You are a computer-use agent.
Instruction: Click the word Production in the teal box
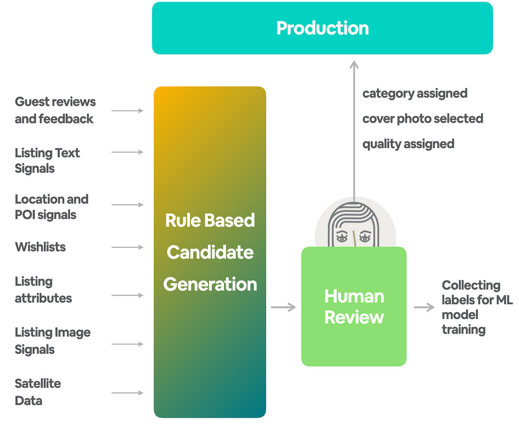pos(323,28)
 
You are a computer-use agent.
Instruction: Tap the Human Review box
pos(354,307)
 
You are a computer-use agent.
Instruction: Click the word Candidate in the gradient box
pos(210,252)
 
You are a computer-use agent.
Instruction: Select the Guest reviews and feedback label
pos(55,110)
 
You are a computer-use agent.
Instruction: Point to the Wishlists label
pos(40,247)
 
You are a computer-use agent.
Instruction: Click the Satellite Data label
pos(37,392)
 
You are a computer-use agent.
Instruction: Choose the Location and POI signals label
pos(51,207)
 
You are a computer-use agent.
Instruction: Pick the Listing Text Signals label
pos(47,161)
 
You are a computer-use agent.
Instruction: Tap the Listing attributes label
pos(43,290)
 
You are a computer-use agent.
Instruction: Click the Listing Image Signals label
pos(52,341)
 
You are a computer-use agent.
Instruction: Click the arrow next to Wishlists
pos(127,247)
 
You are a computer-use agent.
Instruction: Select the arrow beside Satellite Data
pos(127,393)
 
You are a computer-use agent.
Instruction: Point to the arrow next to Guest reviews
pos(127,111)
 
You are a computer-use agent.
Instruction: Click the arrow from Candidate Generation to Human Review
pos(283,307)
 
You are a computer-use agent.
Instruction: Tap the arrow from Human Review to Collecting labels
pos(424,307)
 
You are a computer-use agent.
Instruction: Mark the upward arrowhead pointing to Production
pos(354,65)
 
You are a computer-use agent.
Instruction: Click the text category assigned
pos(415,93)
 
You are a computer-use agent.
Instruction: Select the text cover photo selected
pos(423,119)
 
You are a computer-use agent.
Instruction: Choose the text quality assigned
pos(408,144)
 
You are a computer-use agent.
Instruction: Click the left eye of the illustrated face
pos(342,237)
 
